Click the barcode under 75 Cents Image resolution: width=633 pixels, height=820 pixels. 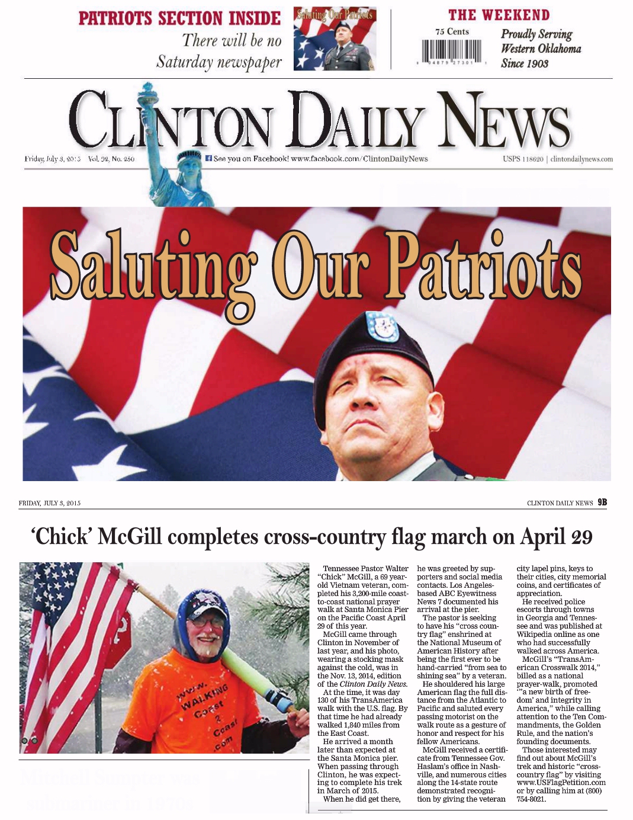click(452, 52)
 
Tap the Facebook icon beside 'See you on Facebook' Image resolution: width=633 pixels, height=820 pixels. click(208, 158)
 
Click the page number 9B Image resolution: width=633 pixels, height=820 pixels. click(602, 502)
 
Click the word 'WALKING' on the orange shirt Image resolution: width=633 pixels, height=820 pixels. click(205, 696)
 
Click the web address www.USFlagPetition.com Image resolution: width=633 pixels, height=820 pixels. click(561, 783)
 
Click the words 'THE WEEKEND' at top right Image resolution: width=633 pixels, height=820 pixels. click(499, 15)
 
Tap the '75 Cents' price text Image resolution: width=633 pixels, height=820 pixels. click(452, 31)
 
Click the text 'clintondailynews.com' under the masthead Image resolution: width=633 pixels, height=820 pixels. click(581, 159)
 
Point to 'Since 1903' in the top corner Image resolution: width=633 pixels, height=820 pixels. click(524, 63)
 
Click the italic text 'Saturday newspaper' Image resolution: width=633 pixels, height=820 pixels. click(219, 62)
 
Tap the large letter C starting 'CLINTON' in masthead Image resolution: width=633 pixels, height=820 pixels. click(92, 120)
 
